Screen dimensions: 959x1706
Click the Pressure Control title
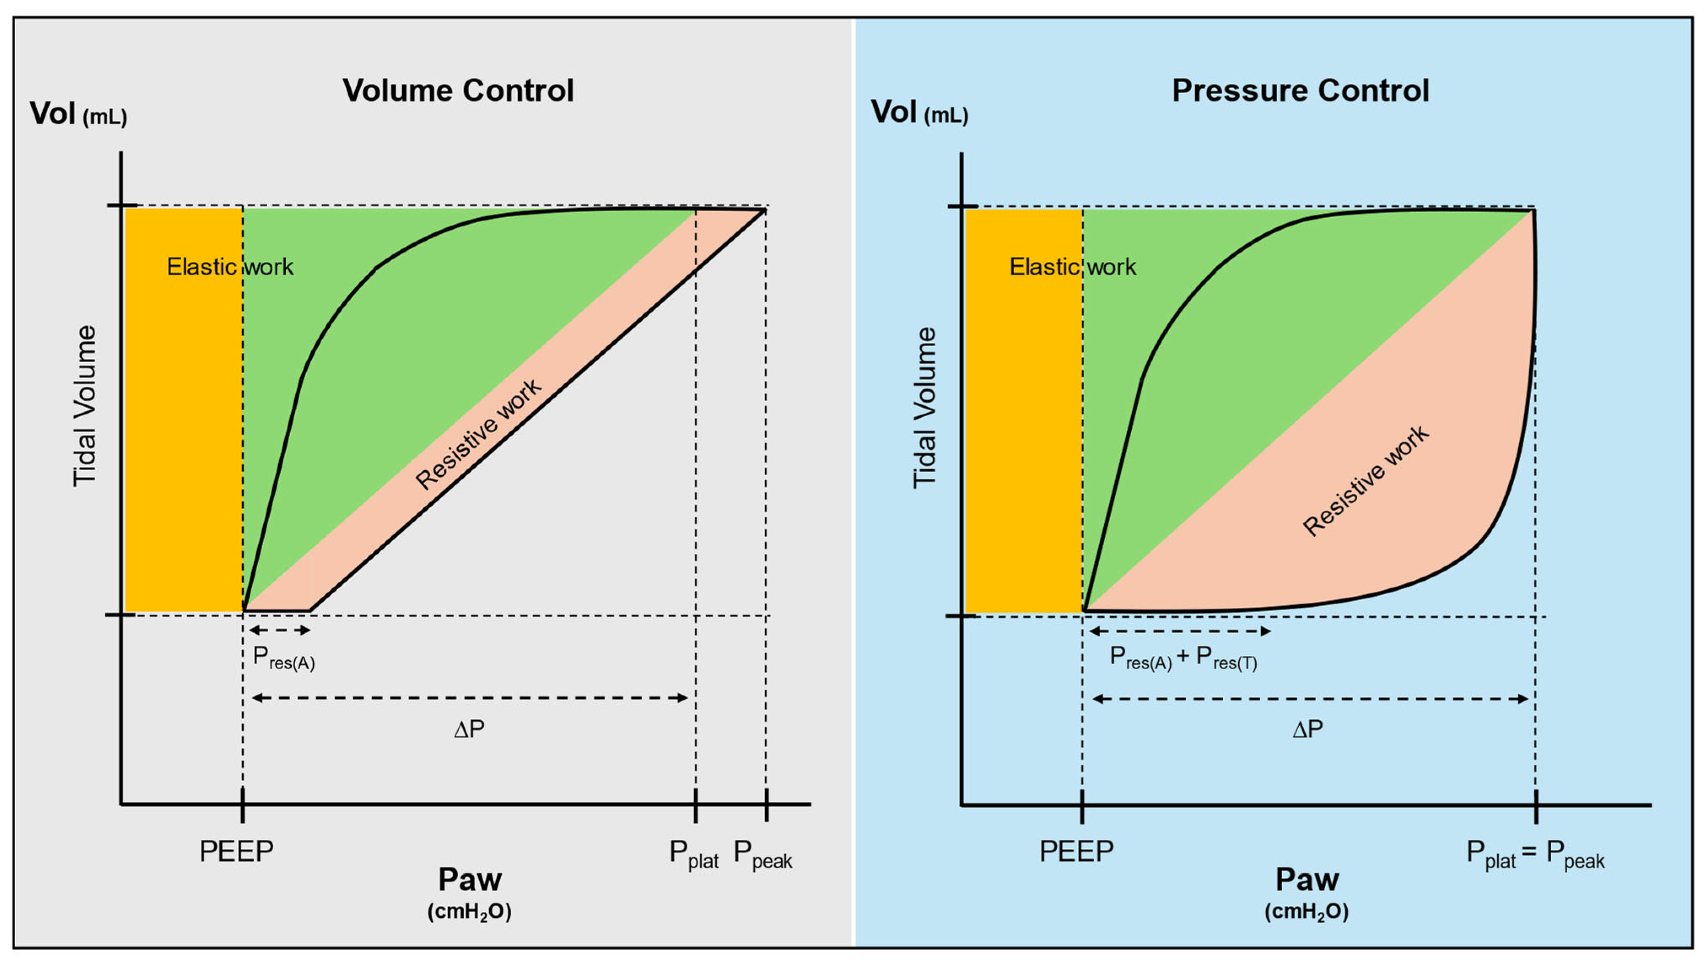click(1300, 91)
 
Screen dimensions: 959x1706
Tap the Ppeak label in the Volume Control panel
click(762, 854)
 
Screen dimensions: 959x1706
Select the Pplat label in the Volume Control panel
click(693, 854)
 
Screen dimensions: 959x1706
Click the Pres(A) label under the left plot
click(283, 658)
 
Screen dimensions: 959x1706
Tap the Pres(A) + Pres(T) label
click(1183, 658)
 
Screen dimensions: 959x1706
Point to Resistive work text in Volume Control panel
click(478, 435)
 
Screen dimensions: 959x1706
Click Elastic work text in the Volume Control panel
click(230, 267)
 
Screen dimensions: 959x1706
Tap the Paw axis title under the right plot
click(1307, 880)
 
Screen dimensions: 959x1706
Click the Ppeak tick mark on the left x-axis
click(766, 805)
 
